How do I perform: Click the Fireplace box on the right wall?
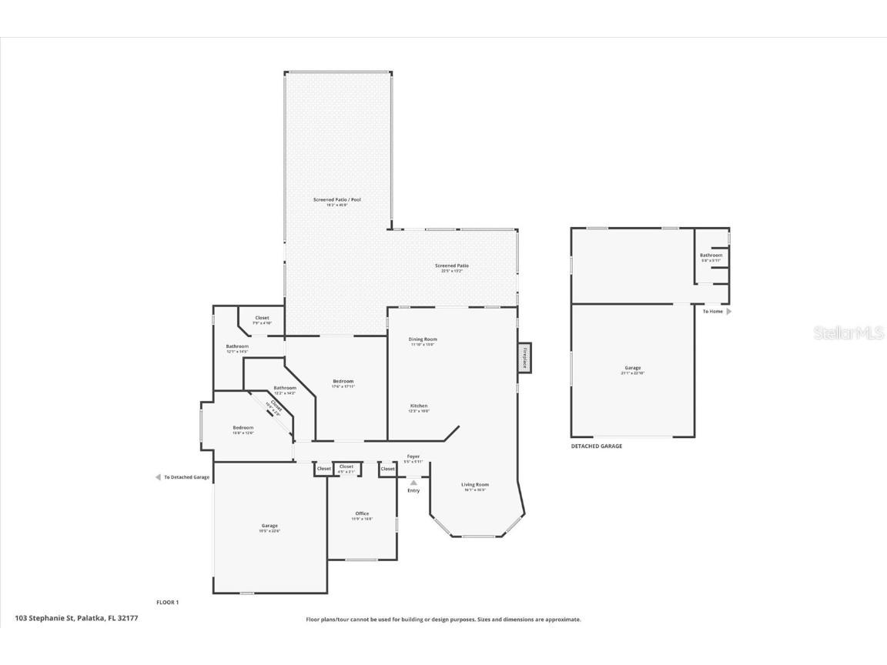(x=524, y=358)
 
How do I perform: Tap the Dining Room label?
(x=423, y=339)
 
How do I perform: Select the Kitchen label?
(x=419, y=406)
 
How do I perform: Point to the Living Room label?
(x=475, y=485)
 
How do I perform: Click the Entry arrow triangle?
(x=413, y=483)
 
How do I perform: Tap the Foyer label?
(x=413, y=456)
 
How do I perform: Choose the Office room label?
(x=362, y=513)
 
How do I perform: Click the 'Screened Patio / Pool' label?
(x=336, y=199)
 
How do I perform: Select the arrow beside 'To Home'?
(x=729, y=312)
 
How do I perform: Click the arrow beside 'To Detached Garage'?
(x=158, y=477)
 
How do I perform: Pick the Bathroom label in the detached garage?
(x=711, y=256)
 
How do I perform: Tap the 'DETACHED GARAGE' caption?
(x=596, y=446)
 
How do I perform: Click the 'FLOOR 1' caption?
(x=167, y=602)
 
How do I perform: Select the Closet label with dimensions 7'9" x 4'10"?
(x=262, y=318)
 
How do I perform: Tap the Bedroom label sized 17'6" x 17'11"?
(x=343, y=382)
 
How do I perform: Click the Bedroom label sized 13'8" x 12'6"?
(x=243, y=428)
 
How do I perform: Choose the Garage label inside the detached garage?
(x=632, y=368)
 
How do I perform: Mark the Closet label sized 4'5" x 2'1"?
(x=346, y=466)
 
